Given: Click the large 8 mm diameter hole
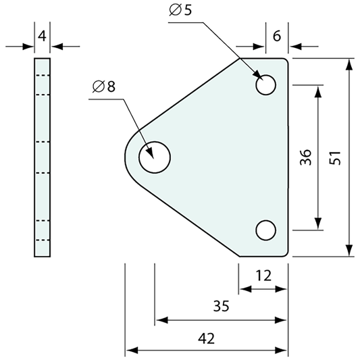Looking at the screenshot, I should coord(155,157).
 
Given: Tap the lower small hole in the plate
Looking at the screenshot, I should coord(266,230).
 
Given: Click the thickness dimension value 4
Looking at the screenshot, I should coord(43,36).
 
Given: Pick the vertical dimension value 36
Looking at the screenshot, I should coord(305,157).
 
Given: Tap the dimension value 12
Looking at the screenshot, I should coord(265,276).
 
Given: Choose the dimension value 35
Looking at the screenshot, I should coord(221,306).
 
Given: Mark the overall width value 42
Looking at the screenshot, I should coord(207,336).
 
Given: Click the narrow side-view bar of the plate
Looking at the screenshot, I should coord(42,157).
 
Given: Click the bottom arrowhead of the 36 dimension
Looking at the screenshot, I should coord(318,225).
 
